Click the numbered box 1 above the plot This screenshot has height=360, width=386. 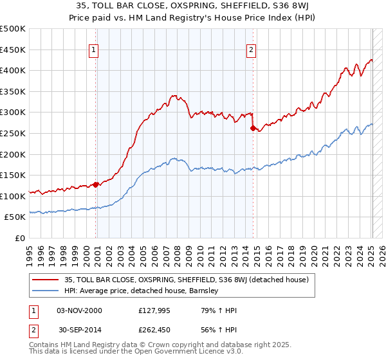click(94, 50)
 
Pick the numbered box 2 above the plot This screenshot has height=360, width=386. click(251, 50)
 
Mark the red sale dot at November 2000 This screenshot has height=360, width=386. click(96, 184)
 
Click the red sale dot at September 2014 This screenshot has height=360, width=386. click(253, 128)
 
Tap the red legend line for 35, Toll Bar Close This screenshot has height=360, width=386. click(46, 280)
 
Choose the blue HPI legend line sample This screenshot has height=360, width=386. click(46, 291)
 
